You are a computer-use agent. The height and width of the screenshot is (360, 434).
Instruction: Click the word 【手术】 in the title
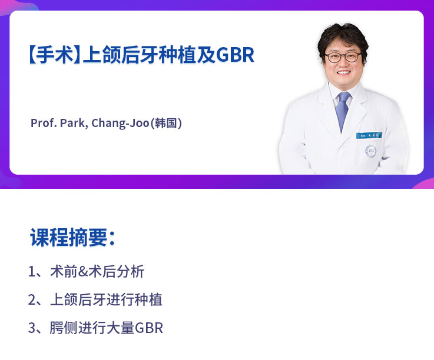tap(52, 55)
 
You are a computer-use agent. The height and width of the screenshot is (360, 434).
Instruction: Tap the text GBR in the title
tap(235, 55)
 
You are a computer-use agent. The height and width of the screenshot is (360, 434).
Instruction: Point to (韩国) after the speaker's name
tap(166, 124)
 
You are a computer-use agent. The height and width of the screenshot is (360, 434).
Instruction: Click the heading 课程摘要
tap(71, 237)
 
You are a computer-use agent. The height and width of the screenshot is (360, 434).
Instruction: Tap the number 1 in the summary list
tap(32, 272)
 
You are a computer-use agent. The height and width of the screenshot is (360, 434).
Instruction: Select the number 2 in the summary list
tap(32, 300)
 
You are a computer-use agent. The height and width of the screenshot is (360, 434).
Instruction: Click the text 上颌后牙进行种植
tap(106, 300)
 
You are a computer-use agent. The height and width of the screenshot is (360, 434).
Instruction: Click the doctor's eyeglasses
tap(343, 57)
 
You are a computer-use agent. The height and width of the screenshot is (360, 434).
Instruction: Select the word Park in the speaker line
tap(74, 124)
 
